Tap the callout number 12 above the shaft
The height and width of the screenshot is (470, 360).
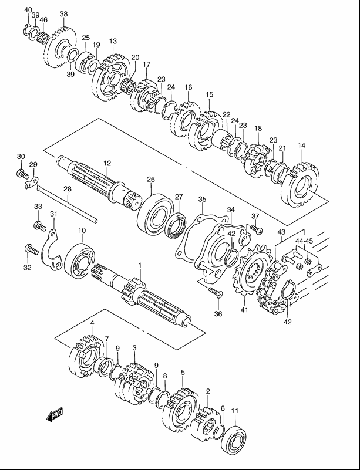[107, 163]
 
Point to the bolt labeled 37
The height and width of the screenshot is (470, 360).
[257, 229]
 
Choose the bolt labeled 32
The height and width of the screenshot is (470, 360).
[31, 249]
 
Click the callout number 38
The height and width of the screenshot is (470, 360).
[63, 13]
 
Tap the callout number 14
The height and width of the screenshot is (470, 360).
[301, 146]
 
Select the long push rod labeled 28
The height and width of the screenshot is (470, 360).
[67, 204]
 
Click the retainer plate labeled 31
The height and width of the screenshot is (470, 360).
[52, 250]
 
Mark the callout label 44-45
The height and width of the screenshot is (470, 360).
[304, 241]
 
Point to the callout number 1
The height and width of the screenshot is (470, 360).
[140, 265]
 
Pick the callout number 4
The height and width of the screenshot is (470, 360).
[92, 323]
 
